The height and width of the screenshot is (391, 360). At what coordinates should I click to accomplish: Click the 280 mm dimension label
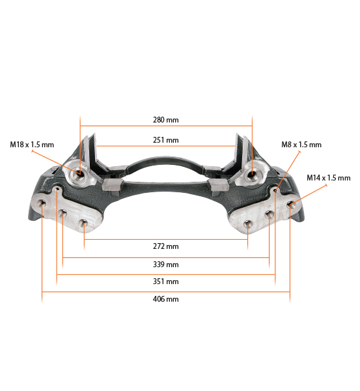point(165,120)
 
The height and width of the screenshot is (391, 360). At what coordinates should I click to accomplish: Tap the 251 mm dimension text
point(165,140)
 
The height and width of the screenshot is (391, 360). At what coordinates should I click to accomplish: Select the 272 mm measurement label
point(165,246)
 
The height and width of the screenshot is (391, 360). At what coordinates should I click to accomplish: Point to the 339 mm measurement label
point(165,265)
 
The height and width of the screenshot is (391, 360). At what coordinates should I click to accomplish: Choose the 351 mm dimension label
point(165,282)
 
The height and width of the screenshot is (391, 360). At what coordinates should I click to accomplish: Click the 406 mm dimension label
point(165,298)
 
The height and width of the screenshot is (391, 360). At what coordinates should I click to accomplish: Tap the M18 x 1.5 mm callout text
point(32,145)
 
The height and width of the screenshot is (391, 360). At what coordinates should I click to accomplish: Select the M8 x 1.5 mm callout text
point(301,145)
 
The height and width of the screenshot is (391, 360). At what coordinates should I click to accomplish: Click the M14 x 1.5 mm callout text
point(328,178)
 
